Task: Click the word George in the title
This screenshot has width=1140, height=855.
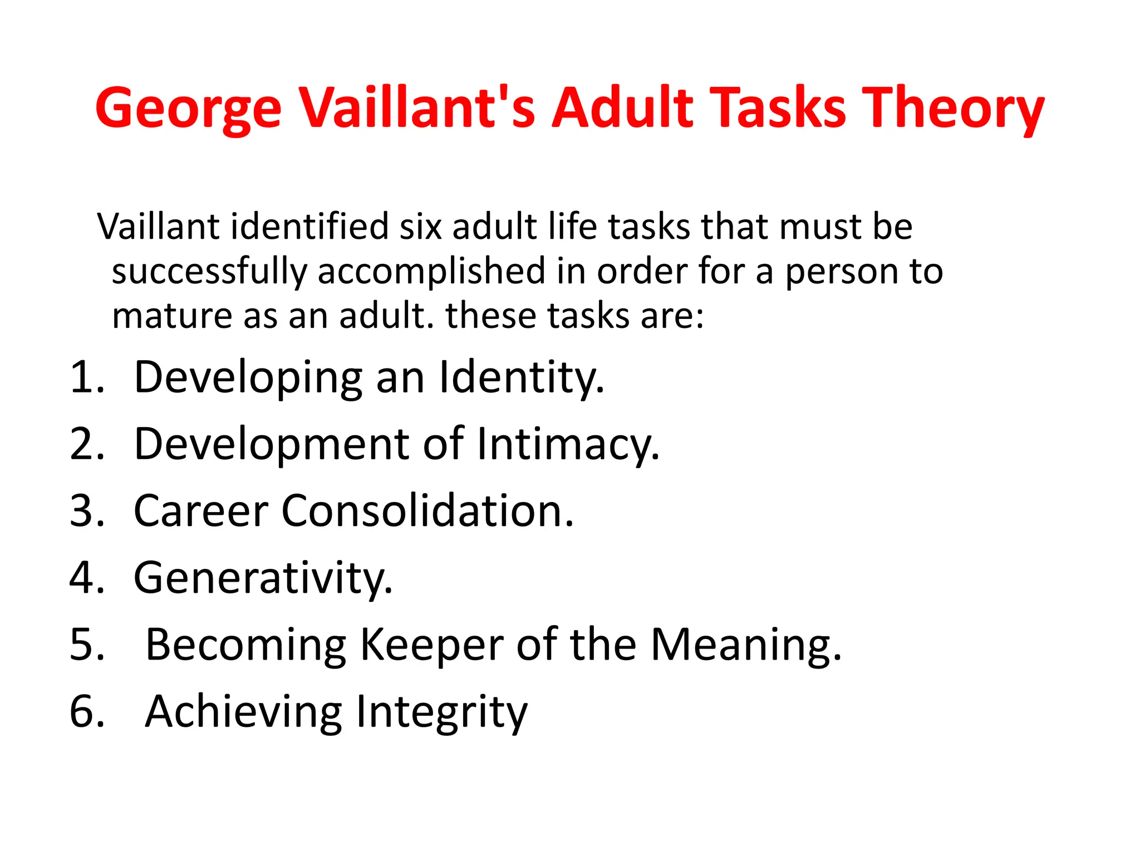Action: (x=188, y=109)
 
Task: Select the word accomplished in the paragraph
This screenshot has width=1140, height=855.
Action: (x=431, y=272)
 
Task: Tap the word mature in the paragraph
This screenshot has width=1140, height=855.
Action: (x=171, y=316)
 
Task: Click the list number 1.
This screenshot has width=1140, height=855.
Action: (x=86, y=377)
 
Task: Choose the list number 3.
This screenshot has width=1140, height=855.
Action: (x=87, y=511)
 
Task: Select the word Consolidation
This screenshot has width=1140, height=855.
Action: (x=427, y=511)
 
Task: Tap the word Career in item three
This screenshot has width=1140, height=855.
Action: (x=201, y=511)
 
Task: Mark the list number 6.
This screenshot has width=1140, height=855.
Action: (x=87, y=711)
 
